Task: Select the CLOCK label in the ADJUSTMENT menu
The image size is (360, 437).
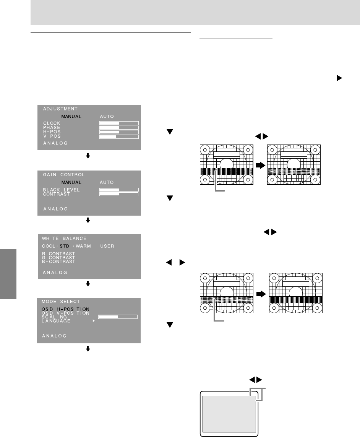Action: coord(52,123)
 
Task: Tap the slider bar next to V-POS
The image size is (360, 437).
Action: coord(119,136)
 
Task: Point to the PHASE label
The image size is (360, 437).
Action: coord(52,127)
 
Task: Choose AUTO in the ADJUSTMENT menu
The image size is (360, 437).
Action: coord(107,116)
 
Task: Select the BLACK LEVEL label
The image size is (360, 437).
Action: coord(61,190)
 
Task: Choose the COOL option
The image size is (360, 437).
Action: coord(49,246)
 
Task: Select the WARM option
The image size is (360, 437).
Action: coord(83,246)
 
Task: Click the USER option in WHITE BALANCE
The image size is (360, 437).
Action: coord(107,246)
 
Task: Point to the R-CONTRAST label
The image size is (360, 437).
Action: coord(58,253)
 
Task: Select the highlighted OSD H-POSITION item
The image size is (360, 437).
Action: coord(65,309)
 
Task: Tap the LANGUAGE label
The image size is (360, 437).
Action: coord(56,321)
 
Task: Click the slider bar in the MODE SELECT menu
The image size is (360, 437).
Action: coord(118,317)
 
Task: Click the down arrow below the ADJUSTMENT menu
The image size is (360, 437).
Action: coord(88,156)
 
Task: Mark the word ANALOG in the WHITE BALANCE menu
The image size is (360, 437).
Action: coord(55,273)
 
